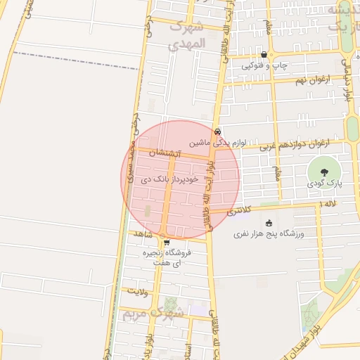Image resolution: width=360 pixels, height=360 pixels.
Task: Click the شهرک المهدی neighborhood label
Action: (186, 36)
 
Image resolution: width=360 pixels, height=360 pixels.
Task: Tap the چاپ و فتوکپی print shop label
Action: (265, 65)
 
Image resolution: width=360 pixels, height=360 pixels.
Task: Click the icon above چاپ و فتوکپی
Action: (264, 54)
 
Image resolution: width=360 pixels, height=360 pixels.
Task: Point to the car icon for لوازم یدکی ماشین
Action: (218, 131)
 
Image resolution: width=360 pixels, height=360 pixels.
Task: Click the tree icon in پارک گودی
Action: (323, 171)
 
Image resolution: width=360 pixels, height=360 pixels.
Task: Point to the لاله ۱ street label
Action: (328, 204)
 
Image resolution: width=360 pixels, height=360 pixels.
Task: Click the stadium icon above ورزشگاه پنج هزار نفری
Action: (269, 222)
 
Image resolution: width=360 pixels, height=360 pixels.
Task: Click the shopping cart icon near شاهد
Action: (167, 243)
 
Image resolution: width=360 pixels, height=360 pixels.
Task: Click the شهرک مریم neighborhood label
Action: (152, 314)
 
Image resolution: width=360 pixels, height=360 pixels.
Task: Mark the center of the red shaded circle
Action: (180, 179)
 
